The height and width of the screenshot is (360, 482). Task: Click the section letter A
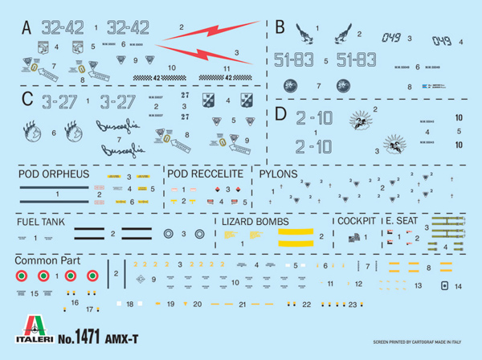pyautogui.click(x=26, y=27)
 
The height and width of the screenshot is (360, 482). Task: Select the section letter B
pyautogui.click(x=280, y=27)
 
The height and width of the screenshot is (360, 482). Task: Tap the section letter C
pyautogui.click(x=27, y=99)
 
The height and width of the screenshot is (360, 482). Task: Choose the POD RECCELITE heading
pyautogui.click(x=206, y=174)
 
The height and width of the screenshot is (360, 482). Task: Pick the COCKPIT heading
pyautogui.click(x=356, y=221)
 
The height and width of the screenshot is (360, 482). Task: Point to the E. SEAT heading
pyautogui.click(x=401, y=221)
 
